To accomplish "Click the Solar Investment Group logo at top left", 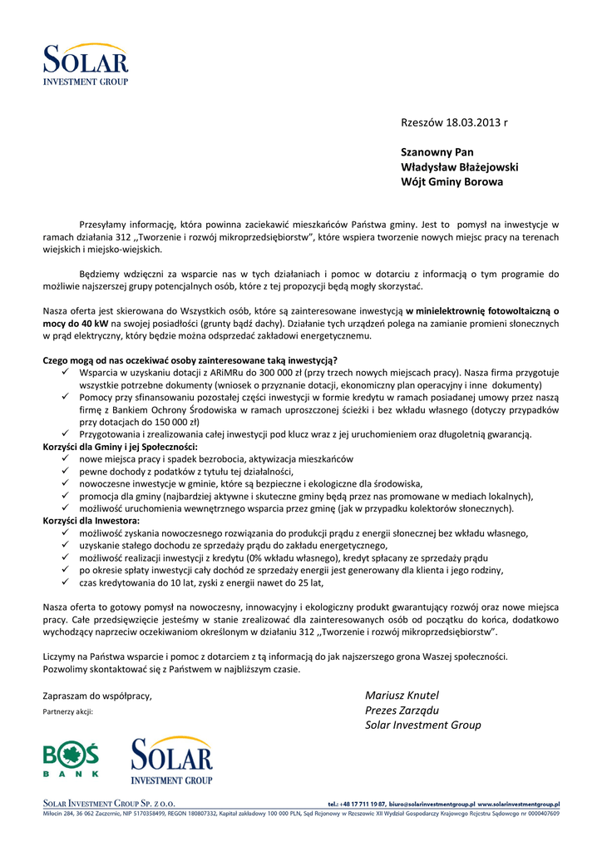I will (x=86, y=64).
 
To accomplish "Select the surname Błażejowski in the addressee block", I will (x=481, y=166).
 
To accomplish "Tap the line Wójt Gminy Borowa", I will (x=452, y=181).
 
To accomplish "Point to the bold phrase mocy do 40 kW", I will (x=74, y=323).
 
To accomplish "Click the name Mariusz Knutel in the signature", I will (x=402, y=696).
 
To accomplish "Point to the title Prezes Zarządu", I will (x=402, y=711).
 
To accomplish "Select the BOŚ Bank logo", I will (x=71, y=760).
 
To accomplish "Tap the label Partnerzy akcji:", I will (x=68, y=712).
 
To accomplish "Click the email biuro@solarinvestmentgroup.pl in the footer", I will (x=432, y=805).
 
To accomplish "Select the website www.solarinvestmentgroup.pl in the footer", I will (x=519, y=805).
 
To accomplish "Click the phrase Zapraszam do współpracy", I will (x=97, y=696).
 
